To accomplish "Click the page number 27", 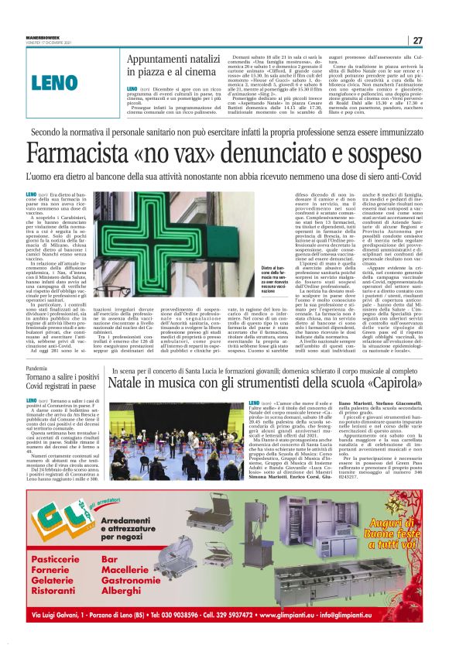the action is (416, 40).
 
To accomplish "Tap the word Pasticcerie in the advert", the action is (56, 558).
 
